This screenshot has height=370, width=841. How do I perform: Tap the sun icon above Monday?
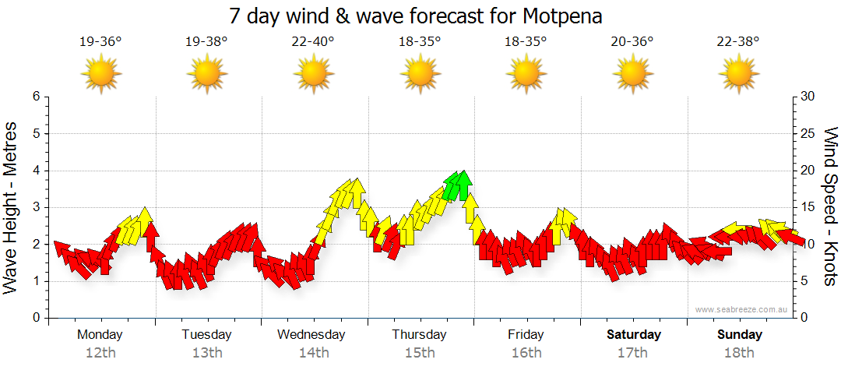(101, 74)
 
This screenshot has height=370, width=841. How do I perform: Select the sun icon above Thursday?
(420, 74)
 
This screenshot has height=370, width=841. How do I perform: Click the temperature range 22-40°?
(313, 41)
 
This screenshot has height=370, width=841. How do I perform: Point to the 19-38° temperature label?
(206, 41)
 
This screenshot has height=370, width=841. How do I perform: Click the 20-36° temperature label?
(632, 41)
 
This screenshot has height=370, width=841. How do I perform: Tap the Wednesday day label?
(311, 335)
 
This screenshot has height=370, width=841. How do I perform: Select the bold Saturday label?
(634, 335)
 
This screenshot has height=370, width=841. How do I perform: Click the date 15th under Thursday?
(420, 353)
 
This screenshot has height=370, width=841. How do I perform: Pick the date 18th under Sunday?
(740, 353)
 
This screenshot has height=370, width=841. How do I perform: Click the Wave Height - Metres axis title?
(12, 208)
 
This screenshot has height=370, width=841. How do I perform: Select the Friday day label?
(526, 335)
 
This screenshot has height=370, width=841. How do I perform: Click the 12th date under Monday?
(100, 353)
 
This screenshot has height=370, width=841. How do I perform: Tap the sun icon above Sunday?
(739, 74)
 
